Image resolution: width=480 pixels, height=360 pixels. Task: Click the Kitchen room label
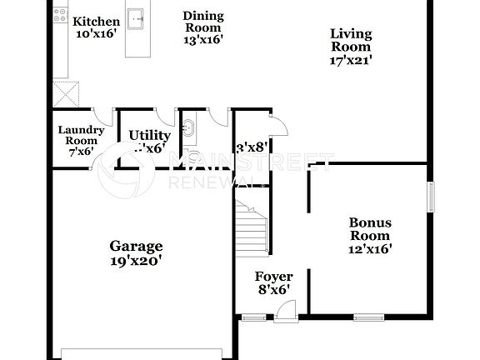[96, 21]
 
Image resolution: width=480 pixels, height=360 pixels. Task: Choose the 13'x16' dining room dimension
[202, 38]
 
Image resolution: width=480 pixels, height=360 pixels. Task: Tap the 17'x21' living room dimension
[351, 59]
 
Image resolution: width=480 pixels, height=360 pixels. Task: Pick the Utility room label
[150, 135]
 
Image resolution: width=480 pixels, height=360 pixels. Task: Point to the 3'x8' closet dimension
[252, 147]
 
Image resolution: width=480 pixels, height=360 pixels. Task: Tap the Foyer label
[273, 277]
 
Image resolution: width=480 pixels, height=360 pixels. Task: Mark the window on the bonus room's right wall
[431, 197]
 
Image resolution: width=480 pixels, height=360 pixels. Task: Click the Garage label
[136, 246]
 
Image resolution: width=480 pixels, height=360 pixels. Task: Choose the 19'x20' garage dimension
[136, 260]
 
